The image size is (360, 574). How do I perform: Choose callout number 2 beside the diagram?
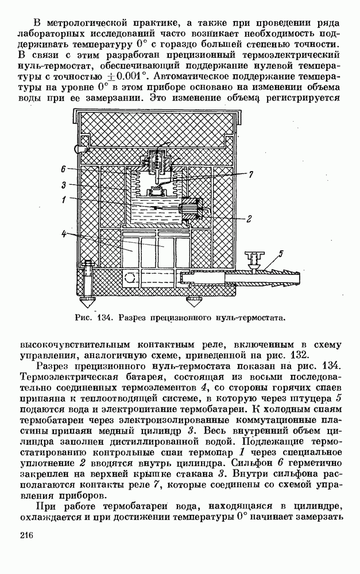[x=249, y=219]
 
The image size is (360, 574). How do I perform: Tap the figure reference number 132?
[x=302, y=355]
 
